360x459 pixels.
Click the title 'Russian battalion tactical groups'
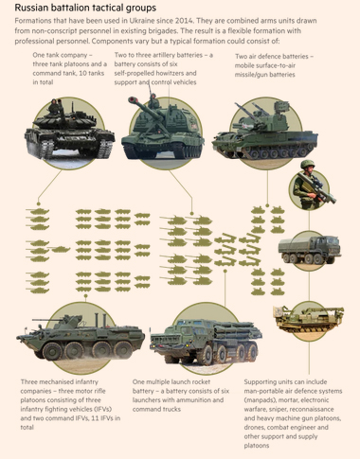point(85,8)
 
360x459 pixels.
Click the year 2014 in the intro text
point(182,21)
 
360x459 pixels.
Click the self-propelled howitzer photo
point(163,131)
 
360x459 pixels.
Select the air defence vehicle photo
point(265,132)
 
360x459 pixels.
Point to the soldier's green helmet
point(307,164)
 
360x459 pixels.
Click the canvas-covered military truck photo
point(310,250)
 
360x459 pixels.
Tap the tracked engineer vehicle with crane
point(309,319)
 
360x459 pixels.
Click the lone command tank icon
point(61,250)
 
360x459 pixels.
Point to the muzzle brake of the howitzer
point(133,100)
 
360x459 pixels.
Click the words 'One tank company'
point(60,55)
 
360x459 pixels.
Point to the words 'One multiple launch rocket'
point(171,381)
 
